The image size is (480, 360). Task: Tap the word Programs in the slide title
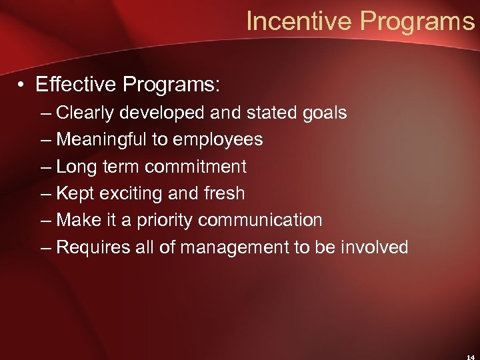[417, 21]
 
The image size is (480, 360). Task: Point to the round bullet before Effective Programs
[23, 86]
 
